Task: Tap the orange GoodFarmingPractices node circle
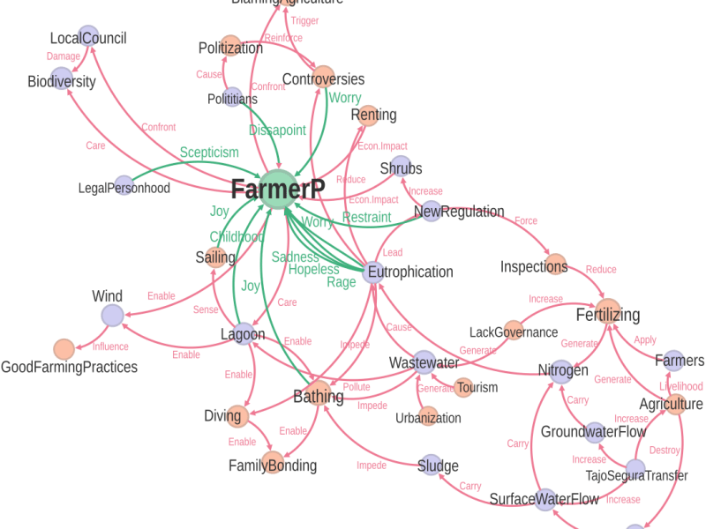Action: click(64, 349)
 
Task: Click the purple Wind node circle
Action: click(111, 315)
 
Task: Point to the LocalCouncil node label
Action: click(87, 39)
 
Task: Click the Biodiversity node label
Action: click(61, 82)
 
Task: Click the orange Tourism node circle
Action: click(463, 387)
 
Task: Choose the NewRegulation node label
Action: click(459, 212)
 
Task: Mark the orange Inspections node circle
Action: click(557, 265)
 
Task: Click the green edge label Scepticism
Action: click(209, 153)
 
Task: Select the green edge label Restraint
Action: click(366, 217)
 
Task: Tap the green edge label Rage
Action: click(342, 282)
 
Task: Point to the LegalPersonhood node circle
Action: click(124, 185)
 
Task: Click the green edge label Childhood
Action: click(237, 237)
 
